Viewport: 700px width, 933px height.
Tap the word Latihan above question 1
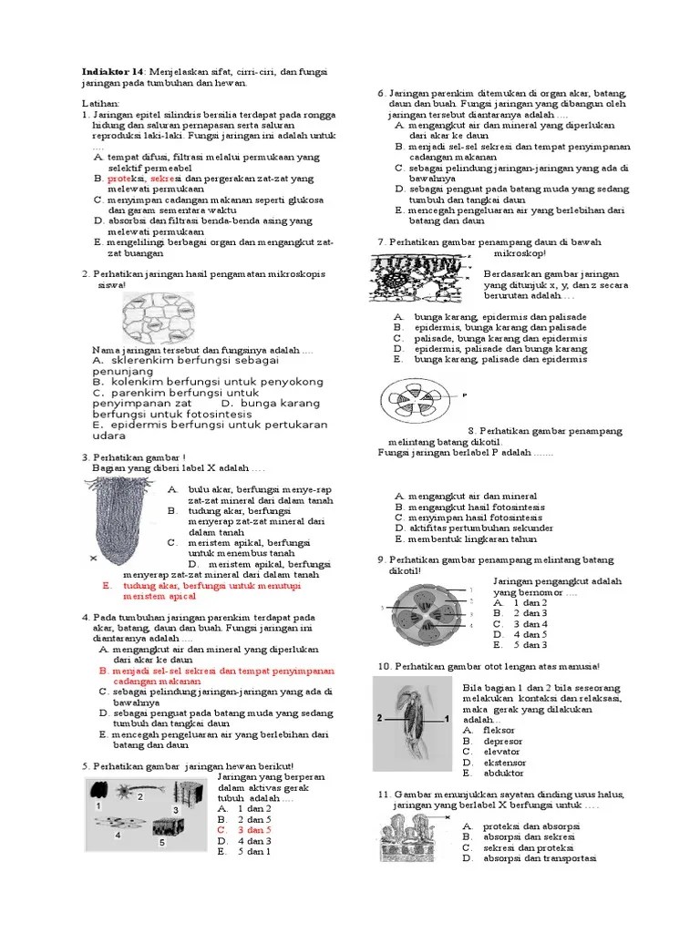point(99,105)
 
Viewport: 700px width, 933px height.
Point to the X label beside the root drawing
point(92,557)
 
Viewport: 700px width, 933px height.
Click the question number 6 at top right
point(381,94)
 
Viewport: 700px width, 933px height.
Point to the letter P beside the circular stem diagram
point(464,395)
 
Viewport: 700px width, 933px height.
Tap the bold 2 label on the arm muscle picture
point(380,719)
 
